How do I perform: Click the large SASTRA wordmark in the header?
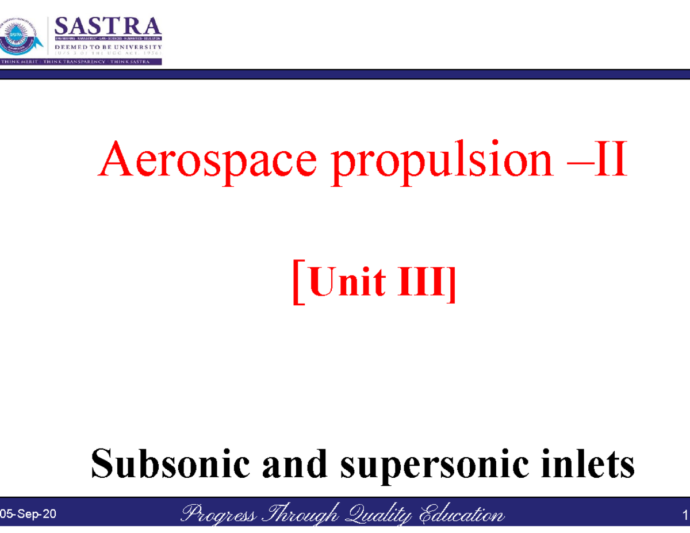(x=108, y=26)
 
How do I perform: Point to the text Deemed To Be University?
(x=108, y=47)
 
